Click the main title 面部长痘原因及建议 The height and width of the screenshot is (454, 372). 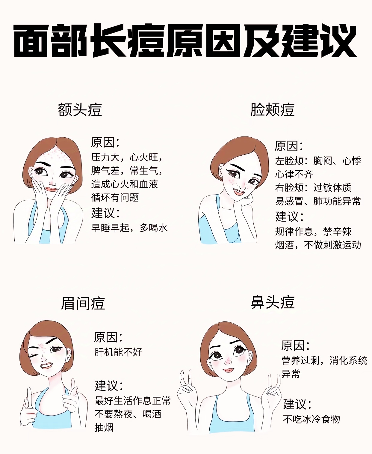[185, 41]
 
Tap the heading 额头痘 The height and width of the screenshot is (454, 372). [80, 110]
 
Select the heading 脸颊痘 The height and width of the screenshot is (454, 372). [273, 110]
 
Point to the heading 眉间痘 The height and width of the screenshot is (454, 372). [83, 303]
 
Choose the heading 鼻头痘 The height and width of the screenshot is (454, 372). [273, 302]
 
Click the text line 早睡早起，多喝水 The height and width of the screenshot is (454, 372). [129, 228]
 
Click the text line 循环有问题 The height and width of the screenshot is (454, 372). [115, 197]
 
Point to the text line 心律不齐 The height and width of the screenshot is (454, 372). [294, 174]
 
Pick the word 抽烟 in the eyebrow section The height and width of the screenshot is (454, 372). [104, 428]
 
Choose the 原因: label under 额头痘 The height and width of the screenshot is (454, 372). [105, 142]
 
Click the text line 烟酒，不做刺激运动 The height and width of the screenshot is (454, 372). [318, 245]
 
